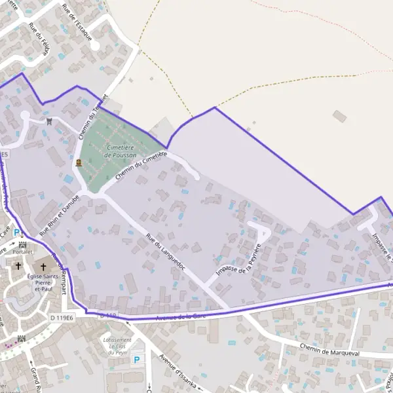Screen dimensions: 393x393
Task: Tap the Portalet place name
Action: click(x=22, y=252)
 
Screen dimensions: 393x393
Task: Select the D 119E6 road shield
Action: click(x=62, y=318)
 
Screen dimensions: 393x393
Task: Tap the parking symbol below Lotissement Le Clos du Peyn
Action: click(x=136, y=360)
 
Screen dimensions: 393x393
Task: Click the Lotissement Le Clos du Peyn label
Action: click(x=118, y=345)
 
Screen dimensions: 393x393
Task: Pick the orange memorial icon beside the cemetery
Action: click(x=79, y=162)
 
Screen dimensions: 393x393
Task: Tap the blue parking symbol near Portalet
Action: click(x=17, y=232)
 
